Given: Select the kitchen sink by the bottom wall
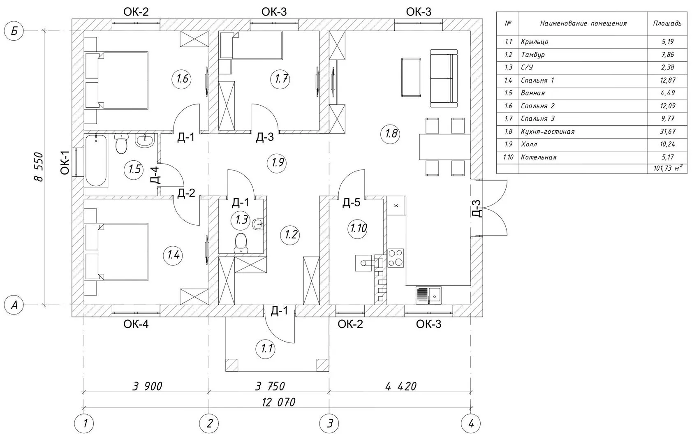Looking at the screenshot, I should [x=428, y=295].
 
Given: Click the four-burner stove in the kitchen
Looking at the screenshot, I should [x=396, y=258].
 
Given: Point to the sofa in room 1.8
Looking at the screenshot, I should [x=444, y=77].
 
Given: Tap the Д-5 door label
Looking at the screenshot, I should [x=351, y=202].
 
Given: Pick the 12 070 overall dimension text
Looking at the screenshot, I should [x=278, y=402].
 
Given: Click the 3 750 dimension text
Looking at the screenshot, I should [x=270, y=386].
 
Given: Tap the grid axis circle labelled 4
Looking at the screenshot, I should [x=471, y=423].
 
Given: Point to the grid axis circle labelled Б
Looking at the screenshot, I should [x=14, y=31].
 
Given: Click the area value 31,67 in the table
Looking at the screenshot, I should [x=667, y=132].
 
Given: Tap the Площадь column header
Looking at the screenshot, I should [x=667, y=23].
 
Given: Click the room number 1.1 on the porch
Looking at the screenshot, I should [x=267, y=349].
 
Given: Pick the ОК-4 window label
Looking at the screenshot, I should [x=136, y=324].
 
